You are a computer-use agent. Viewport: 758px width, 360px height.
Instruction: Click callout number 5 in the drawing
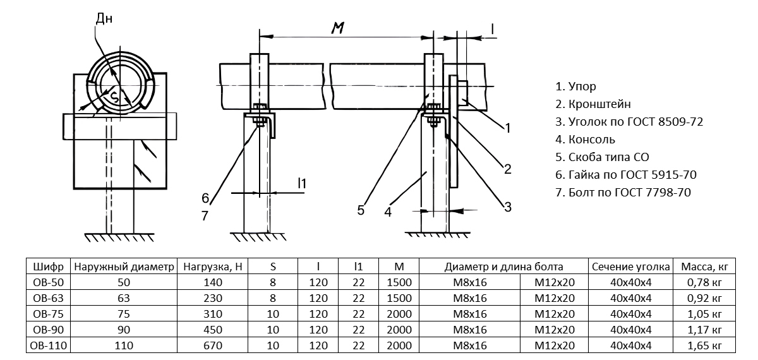361,210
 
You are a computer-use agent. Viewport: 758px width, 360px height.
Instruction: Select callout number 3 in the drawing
507,206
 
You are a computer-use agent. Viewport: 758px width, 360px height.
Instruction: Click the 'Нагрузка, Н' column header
213,267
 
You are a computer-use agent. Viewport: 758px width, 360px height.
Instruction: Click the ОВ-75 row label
47,314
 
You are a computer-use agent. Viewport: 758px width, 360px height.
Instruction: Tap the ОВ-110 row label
47,345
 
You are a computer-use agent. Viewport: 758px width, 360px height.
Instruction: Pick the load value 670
213,345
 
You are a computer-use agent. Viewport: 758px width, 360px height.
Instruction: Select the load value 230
213,298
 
